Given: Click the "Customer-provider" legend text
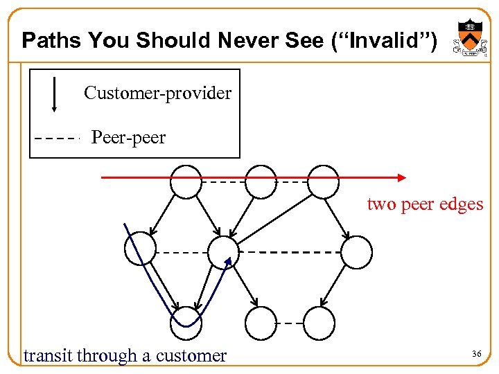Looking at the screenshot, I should pos(157,93).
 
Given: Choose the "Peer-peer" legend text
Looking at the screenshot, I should pos(128,138).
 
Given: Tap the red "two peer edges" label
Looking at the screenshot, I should pos(425,204).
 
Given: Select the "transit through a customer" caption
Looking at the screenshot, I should pos(125,356).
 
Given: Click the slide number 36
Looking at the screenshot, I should pos(476,354).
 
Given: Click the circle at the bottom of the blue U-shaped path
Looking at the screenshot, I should pos(186,323).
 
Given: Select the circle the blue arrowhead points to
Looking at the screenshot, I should pos(223,251).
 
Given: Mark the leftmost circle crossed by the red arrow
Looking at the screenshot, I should pos(186,181).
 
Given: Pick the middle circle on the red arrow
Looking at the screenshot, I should pos(261,181).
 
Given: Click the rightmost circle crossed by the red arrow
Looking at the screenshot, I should pos(323,181).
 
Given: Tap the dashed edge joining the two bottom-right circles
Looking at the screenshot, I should pos(289,323).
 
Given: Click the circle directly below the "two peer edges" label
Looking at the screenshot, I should pos(356,252).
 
